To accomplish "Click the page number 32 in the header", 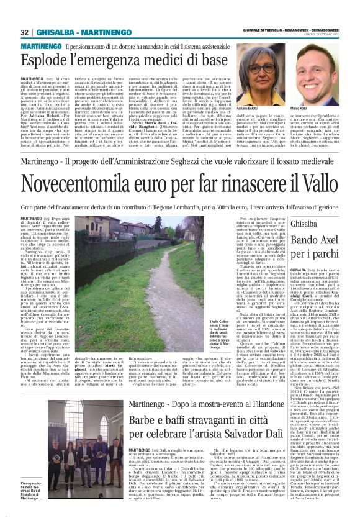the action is pyautogui.click(x=25, y=32).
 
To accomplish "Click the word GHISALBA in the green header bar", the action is pyautogui.click(x=55, y=32).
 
